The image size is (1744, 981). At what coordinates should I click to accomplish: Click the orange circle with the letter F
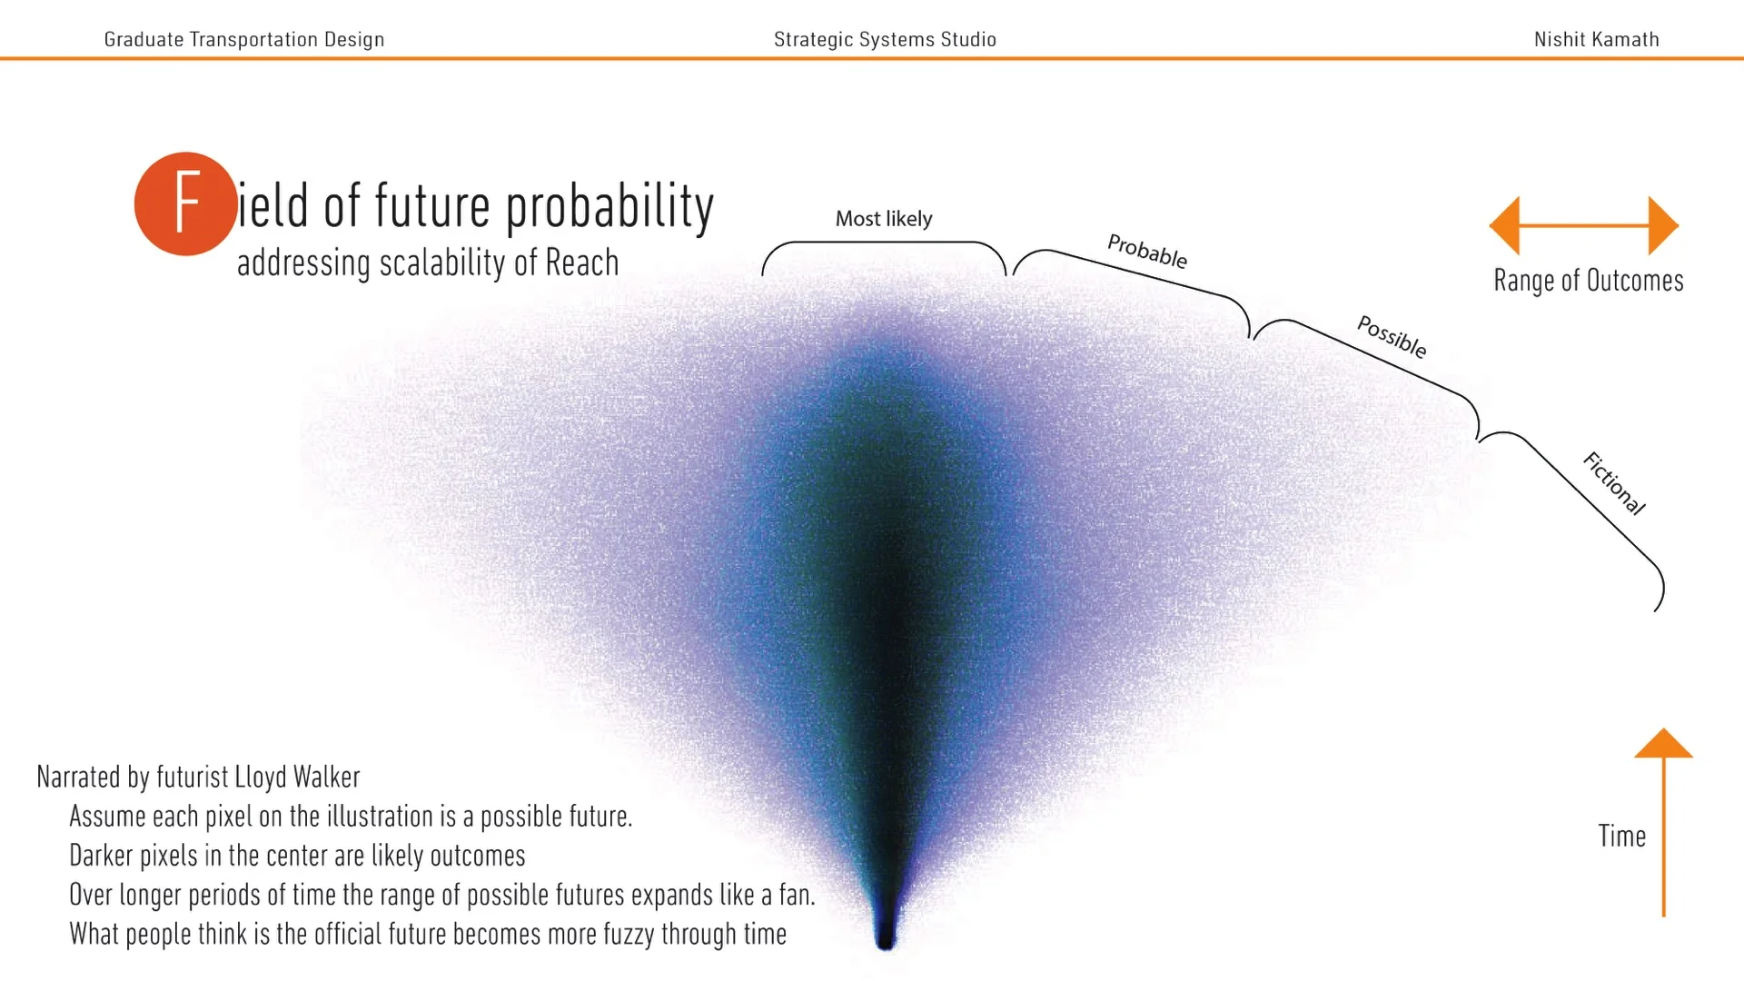pyautogui.click(x=185, y=203)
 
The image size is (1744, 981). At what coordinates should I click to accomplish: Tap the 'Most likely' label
pyautogui.click(x=883, y=219)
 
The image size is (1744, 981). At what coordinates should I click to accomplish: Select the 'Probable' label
pyautogui.click(x=1146, y=251)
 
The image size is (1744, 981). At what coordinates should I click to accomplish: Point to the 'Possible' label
pyautogui.click(x=1391, y=337)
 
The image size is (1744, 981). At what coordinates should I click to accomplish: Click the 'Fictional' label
pyautogui.click(x=1613, y=483)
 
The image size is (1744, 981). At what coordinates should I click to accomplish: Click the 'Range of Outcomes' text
pyautogui.click(x=1588, y=281)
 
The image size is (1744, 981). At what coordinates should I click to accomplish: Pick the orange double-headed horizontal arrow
pyautogui.click(x=1583, y=225)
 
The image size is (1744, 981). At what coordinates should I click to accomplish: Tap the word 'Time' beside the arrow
pyautogui.click(x=1621, y=836)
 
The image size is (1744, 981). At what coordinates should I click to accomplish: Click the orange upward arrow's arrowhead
pyautogui.click(x=1663, y=744)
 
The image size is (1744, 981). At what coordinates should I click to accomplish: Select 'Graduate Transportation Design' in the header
pyautogui.click(x=243, y=39)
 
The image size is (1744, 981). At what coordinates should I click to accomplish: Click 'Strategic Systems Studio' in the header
pyautogui.click(x=885, y=39)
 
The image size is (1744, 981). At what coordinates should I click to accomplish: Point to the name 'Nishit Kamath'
pyautogui.click(x=1596, y=39)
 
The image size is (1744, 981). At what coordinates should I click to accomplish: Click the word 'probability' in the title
pyautogui.click(x=609, y=207)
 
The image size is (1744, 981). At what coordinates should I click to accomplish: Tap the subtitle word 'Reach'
pyautogui.click(x=581, y=263)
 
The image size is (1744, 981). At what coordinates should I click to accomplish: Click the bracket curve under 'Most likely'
pyautogui.click(x=883, y=243)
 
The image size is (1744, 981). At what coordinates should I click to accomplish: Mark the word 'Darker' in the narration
pyautogui.click(x=100, y=856)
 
